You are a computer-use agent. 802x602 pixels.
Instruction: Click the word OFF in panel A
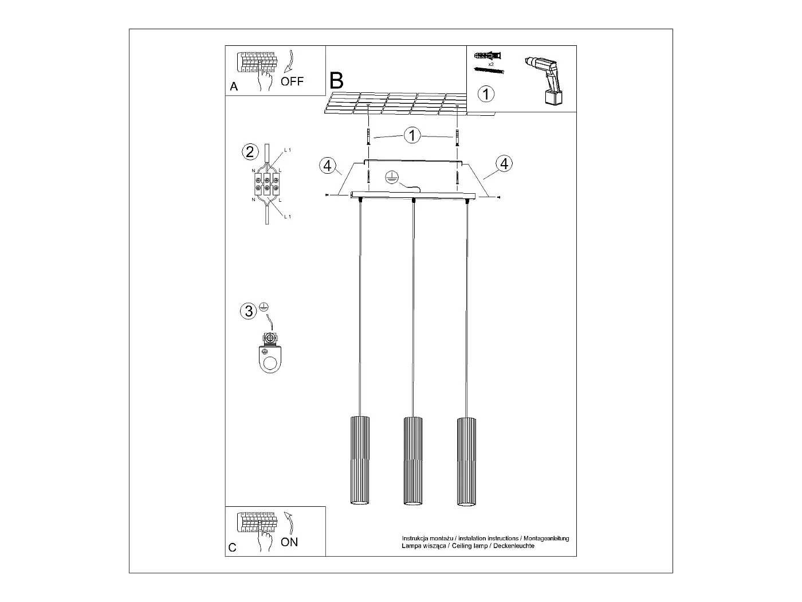coord(292,81)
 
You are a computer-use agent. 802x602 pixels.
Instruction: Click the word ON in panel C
coord(289,542)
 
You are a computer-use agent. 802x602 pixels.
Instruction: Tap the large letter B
coord(337,81)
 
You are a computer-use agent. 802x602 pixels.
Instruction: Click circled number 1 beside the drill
coord(486,93)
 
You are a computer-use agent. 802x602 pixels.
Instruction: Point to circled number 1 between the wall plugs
coord(412,135)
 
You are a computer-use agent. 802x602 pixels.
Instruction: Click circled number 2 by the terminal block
coord(249,151)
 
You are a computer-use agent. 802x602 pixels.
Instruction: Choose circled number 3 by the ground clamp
coord(249,311)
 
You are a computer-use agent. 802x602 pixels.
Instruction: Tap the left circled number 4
coord(327,166)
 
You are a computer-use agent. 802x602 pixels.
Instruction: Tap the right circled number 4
coord(504,163)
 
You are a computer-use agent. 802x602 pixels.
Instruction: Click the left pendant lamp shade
coord(359,461)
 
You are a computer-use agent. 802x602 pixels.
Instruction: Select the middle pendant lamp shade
coord(413,461)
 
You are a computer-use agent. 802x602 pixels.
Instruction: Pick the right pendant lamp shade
coord(466,461)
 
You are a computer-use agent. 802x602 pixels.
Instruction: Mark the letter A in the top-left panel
coord(233,87)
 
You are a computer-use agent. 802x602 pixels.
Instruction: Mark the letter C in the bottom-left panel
coord(232,548)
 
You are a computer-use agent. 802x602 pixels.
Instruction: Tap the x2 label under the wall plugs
coord(491,64)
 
